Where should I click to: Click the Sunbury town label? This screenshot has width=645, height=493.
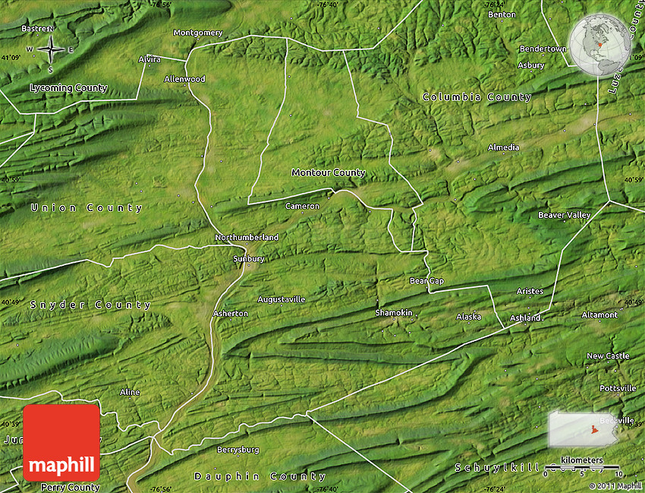coord(248,259)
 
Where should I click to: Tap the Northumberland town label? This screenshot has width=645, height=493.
coord(247,238)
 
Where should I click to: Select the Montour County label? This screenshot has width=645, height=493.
coord(329,172)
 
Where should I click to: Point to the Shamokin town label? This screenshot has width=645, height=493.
coord(394,313)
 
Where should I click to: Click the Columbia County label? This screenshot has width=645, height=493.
coord(477,97)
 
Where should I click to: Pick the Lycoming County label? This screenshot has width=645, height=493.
coord(68,88)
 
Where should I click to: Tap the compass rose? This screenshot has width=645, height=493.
coord(50,50)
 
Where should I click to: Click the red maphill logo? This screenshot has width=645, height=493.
coord(61,443)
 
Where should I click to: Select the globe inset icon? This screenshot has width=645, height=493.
coord(599,44)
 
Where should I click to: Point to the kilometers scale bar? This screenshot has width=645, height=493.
coord(582,465)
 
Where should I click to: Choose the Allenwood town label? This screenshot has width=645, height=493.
coord(184,79)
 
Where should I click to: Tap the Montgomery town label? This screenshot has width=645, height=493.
coord(198,33)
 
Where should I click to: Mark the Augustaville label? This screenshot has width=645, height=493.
coord(281,299)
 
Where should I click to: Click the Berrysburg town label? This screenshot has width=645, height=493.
coord(238,450)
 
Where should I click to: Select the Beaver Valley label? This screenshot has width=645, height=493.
coord(564,215)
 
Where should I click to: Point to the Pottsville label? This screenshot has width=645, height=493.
coord(618,388)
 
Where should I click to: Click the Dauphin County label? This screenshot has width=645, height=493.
coord(260,476)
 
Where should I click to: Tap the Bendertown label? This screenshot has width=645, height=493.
coord(543,49)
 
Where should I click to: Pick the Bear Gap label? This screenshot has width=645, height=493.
coord(426,281)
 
